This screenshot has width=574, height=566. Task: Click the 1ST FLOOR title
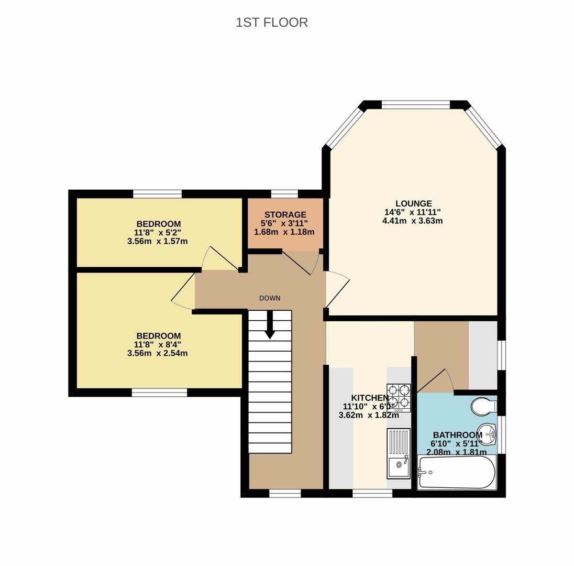tap(272, 23)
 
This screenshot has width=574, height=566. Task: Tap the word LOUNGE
tap(413, 203)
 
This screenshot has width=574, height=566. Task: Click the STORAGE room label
tap(285, 215)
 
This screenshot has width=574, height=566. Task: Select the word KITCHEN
tap(370, 398)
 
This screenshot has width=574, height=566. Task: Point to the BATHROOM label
tap(458, 435)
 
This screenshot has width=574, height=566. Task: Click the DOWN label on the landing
tap(270, 298)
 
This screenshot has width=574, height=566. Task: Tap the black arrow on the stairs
tap(270, 324)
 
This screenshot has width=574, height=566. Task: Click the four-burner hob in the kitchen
tap(399, 398)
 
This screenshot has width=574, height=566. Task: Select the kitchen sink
tap(399, 453)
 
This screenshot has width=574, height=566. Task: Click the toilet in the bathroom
tap(484, 407)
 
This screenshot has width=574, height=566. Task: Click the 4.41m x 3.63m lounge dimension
tap(413, 221)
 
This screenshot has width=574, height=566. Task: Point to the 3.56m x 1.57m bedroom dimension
tap(158, 242)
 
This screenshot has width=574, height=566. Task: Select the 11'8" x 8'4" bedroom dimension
tap(158, 345)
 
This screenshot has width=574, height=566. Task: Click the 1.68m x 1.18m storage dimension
tap(284, 232)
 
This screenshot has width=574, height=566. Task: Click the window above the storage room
tap(284, 194)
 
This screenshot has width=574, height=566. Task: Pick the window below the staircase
tap(285, 494)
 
